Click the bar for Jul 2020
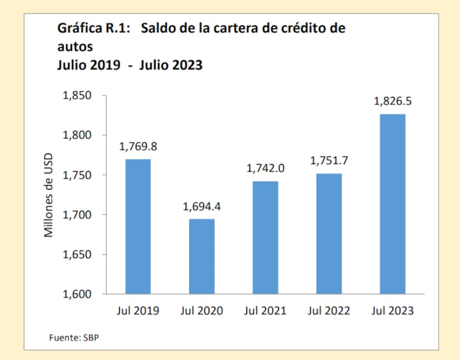tap(201, 256)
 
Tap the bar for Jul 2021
tap(265, 237)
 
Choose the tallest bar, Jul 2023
tap(392, 204)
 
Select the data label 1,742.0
tap(265, 168)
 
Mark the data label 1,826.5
tap(392, 101)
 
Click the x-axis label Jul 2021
tap(265, 310)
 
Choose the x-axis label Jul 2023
tap(392, 310)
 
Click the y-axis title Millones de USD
tap(50, 195)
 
